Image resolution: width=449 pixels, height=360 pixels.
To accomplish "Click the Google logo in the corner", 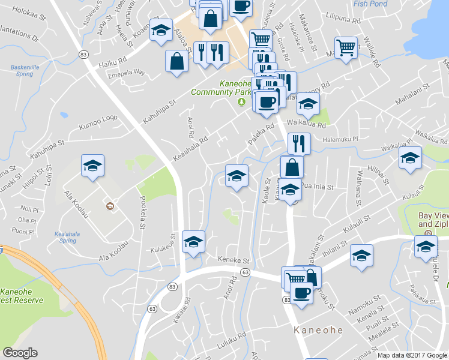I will tap(20, 353).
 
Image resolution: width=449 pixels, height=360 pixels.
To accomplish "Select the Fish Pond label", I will tap(370, 3).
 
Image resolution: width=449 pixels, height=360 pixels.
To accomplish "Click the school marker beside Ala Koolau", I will tap(92, 166).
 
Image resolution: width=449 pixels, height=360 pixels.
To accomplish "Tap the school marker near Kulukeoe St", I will tap(193, 242).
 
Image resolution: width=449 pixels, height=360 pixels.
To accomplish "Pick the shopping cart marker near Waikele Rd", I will tap(346, 47).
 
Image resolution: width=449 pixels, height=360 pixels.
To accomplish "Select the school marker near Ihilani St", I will tap(361, 256).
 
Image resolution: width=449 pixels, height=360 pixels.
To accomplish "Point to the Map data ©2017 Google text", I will tap(412, 355).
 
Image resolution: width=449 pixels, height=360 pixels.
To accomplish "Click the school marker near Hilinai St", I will tap(411, 158).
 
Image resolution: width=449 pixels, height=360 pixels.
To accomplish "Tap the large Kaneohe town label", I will tap(318, 330).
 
